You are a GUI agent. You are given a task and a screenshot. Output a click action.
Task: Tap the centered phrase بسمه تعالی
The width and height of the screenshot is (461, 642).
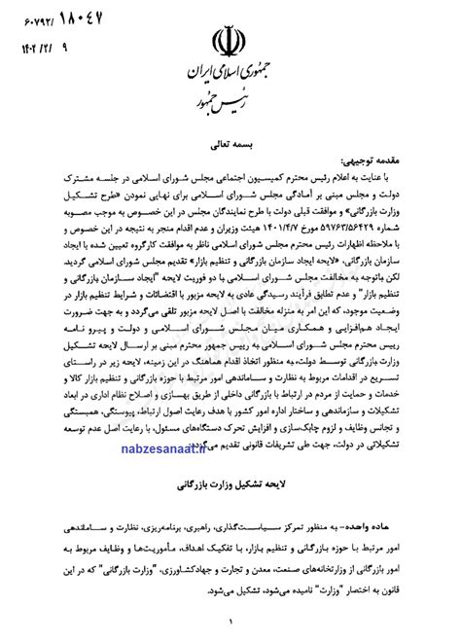tap(230, 142)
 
